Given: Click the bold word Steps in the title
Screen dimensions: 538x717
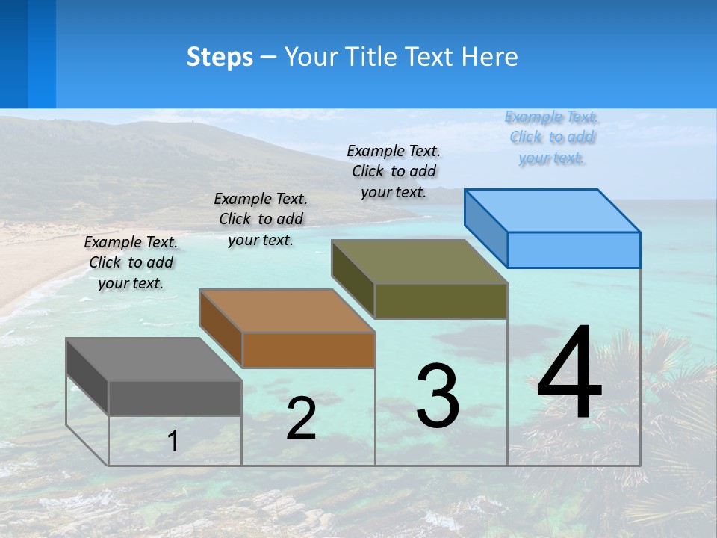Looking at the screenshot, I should [x=220, y=57].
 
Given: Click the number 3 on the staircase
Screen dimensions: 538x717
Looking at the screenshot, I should [x=438, y=396].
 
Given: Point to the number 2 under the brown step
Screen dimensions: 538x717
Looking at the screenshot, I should [x=301, y=419].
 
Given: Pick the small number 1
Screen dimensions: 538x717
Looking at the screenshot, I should [x=173, y=442].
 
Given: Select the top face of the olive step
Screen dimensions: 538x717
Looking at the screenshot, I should [x=419, y=262].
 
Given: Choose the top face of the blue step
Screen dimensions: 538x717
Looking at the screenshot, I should [x=553, y=211].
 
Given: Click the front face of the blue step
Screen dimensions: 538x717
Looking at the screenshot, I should [x=574, y=250].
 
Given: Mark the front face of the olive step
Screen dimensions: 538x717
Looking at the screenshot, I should [x=441, y=300].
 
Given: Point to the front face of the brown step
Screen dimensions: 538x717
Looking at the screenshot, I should [x=308, y=350].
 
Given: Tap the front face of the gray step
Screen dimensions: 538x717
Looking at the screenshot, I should [x=175, y=398].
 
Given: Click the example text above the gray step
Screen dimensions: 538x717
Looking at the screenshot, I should [x=131, y=262].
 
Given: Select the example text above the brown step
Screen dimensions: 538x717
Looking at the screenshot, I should [x=261, y=219].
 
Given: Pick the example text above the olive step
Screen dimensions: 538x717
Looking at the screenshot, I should [x=394, y=171].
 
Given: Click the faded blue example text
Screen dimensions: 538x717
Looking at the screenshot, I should [x=551, y=137].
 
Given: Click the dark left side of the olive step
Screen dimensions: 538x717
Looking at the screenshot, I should [x=353, y=279].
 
